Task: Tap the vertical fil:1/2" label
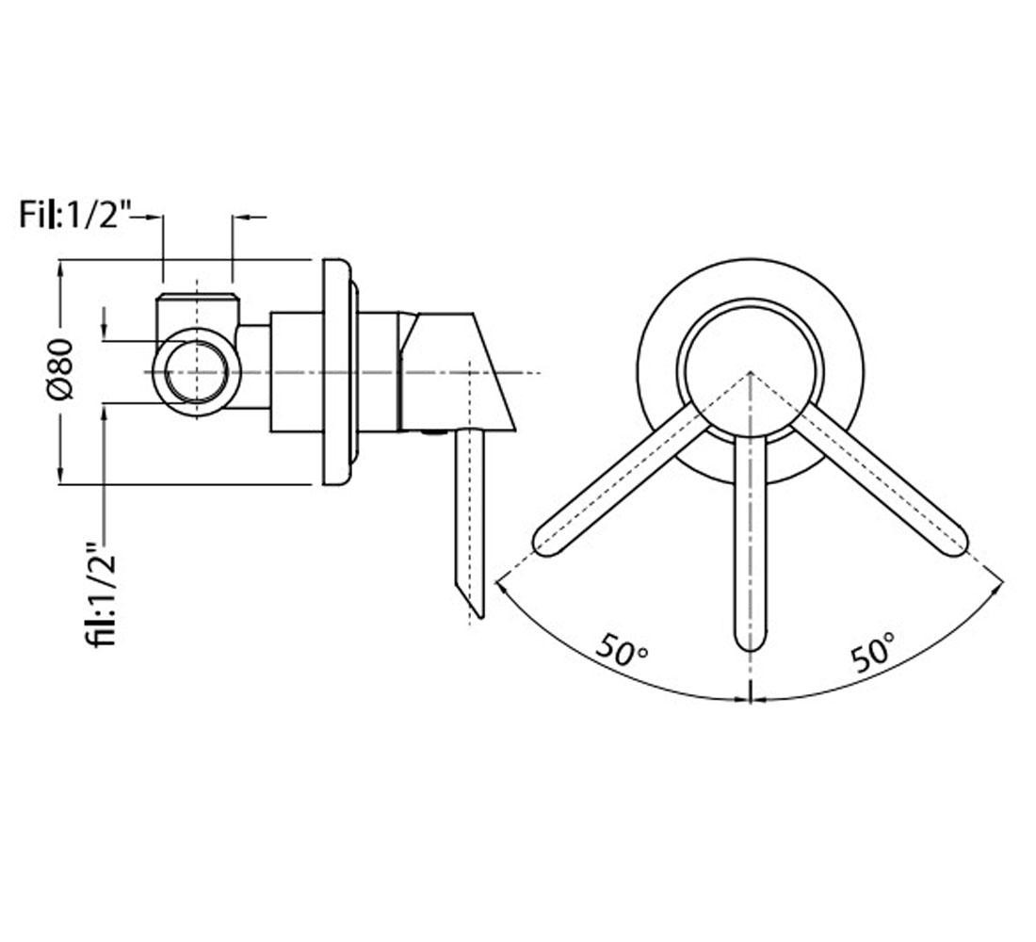point(103,594)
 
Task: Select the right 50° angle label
point(873,652)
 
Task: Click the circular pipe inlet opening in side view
point(197,371)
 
